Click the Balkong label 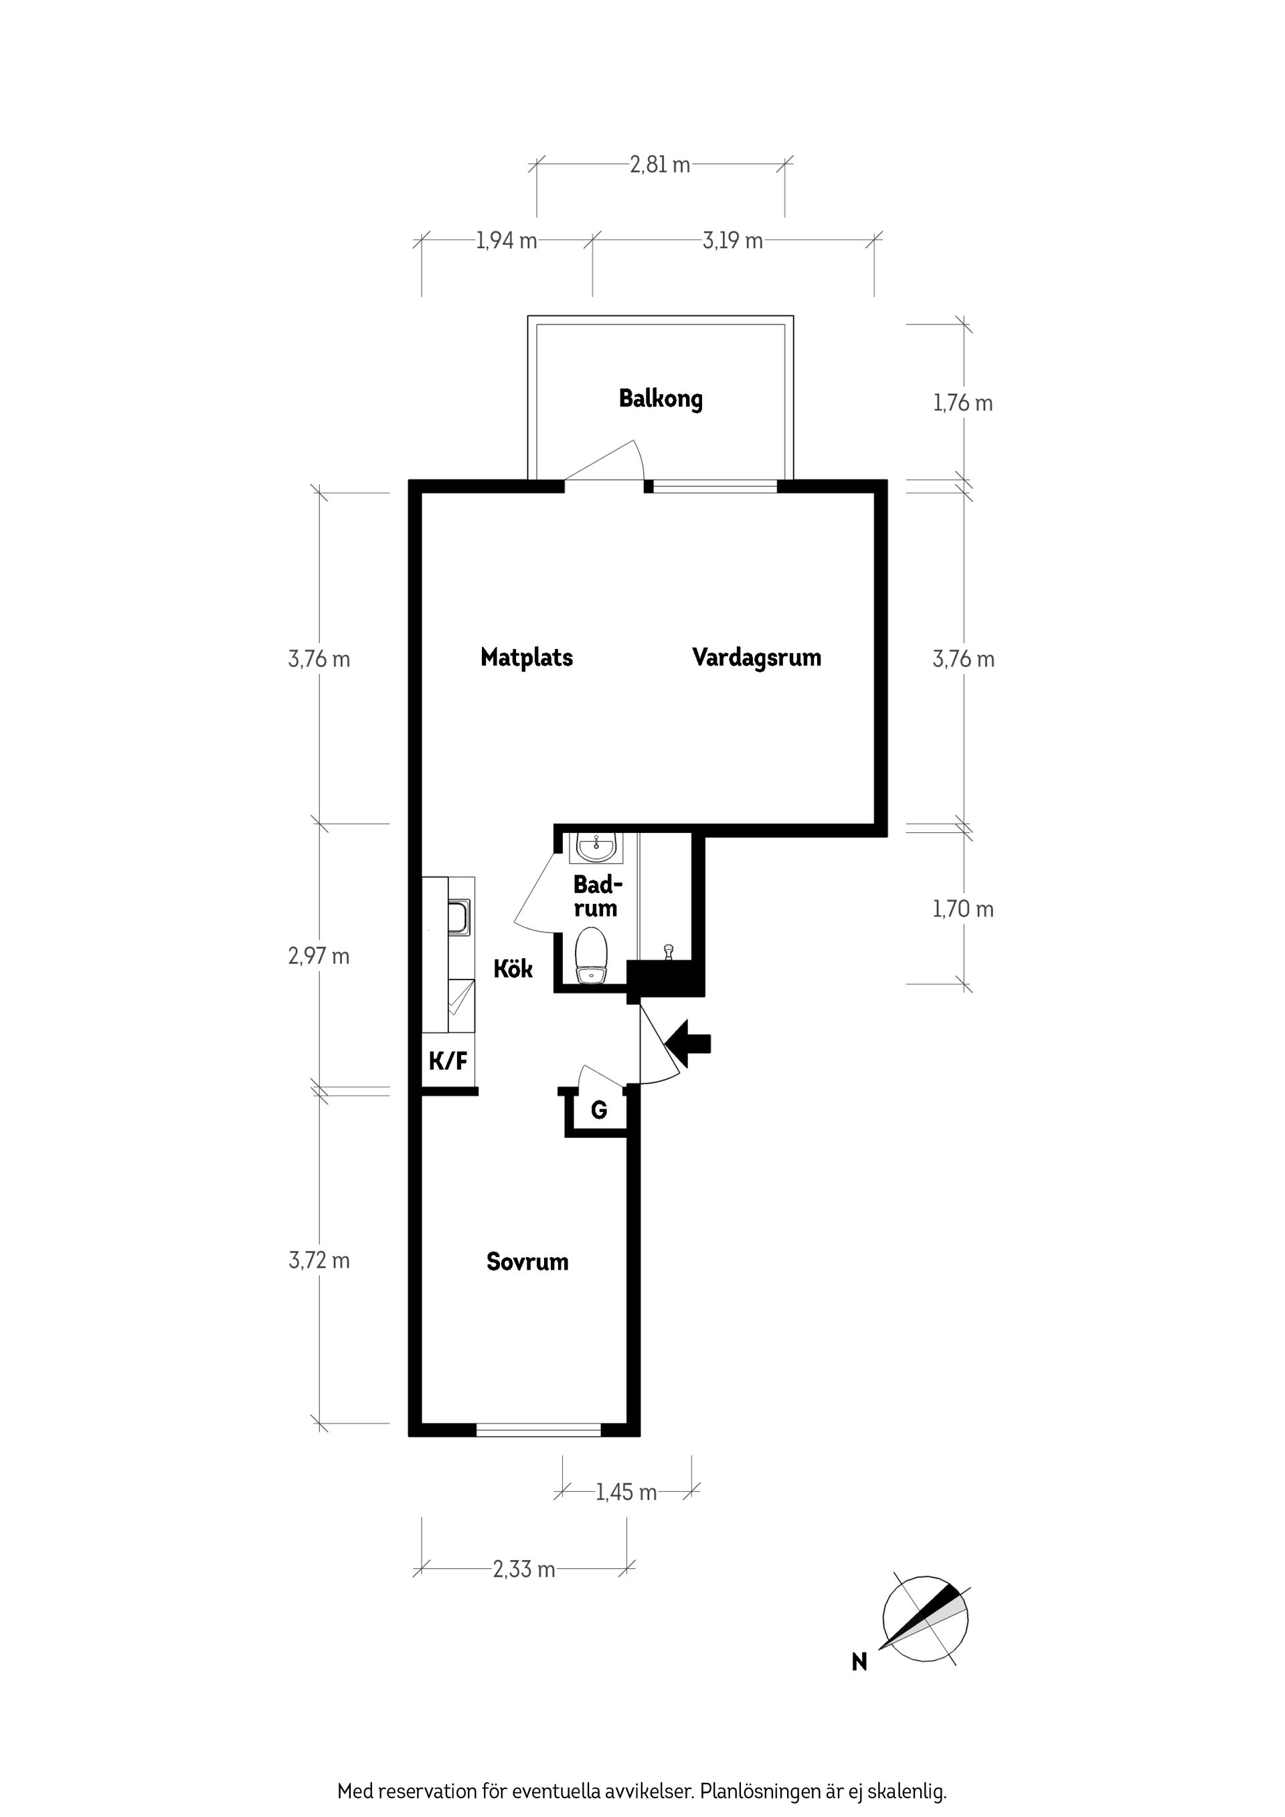(661, 399)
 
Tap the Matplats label (527, 657)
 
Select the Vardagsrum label (756, 658)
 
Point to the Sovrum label (527, 1262)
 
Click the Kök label (513, 969)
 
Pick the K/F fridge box (448, 1060)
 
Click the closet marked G (598, 1111)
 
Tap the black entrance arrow (688, 1044)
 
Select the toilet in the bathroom (591, 956)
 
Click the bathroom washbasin (596, 847)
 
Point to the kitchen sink (459, 917)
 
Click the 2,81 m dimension (659, 165)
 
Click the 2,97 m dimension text (319, 956)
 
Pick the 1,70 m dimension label (963, 908)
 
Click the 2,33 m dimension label (524, 1569)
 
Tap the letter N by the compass (859, 1662)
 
